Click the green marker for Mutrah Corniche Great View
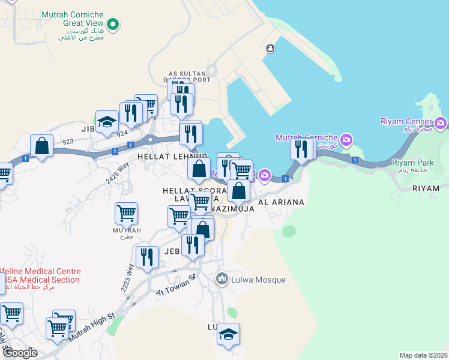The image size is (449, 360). click(x=112, y=24)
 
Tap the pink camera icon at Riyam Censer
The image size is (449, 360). click(x=441, y=123)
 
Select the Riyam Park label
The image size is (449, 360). click(x=413, y=163)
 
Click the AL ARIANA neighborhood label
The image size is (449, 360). click(x=280, y=203)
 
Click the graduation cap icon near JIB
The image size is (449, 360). click(x=107, y=122)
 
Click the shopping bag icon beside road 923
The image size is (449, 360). click(x=41, y=145)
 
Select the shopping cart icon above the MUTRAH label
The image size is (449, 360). click(x=126, y=213)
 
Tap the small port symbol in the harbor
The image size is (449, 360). click(x=271, y=49)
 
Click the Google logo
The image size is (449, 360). click(x=20, y=353)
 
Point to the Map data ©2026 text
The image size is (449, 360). click(x=423, y=355)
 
